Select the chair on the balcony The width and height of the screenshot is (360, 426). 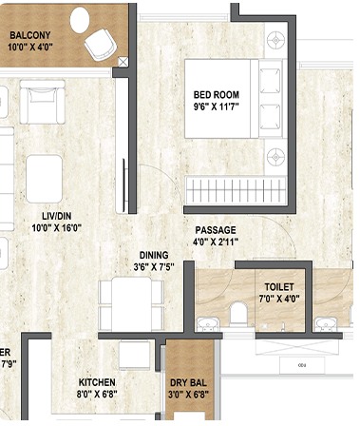98,44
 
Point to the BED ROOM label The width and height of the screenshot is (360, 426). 216,95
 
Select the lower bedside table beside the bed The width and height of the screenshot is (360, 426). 275,153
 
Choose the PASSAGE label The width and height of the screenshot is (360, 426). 216,230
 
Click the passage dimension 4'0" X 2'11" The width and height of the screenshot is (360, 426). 216,242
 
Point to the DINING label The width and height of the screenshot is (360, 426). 155,255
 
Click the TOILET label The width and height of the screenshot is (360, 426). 280,286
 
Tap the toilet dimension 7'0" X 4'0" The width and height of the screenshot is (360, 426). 280,299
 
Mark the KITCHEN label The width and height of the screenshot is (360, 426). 96,378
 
